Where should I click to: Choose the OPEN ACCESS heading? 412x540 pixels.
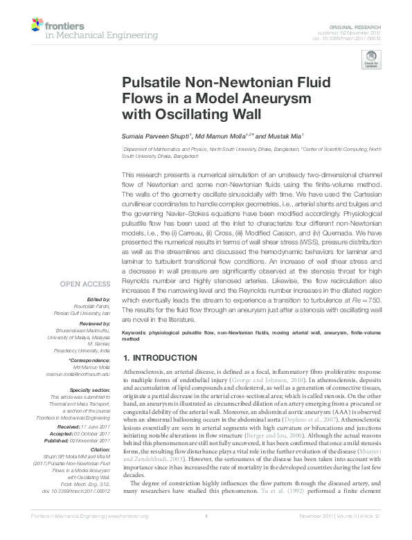click(x=85, y=284)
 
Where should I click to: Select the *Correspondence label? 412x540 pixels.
click(x=89, y=361)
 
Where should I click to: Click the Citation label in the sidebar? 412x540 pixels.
click(x=99, y=449)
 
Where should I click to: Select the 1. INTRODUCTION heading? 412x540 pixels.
click(x=159, y=357)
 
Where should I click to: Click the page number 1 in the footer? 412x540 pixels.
click(x=206, y=534)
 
